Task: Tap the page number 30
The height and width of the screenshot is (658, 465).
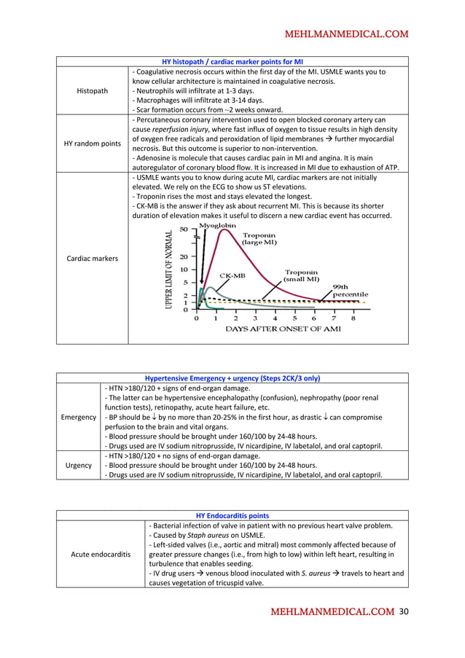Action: pyautogui.click(x=405, y=612)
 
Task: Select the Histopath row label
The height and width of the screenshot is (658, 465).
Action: pyautogui.click(x=93, y=90)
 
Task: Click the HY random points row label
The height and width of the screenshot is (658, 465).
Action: pyautogui.click(x=93, y=144)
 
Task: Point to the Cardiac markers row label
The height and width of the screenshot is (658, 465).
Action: pyautogui.click(x=93, y=258)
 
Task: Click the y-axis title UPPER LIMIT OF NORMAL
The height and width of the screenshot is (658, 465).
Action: pyautogui.click(x=168, y=270)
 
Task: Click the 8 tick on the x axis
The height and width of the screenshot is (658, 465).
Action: pyautogui.click(x=353, y=318)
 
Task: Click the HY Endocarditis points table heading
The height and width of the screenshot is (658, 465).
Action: pyautogui.click(x=276, y=516)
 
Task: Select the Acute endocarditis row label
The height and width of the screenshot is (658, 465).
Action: pyautogui.click(x=101, y=554)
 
